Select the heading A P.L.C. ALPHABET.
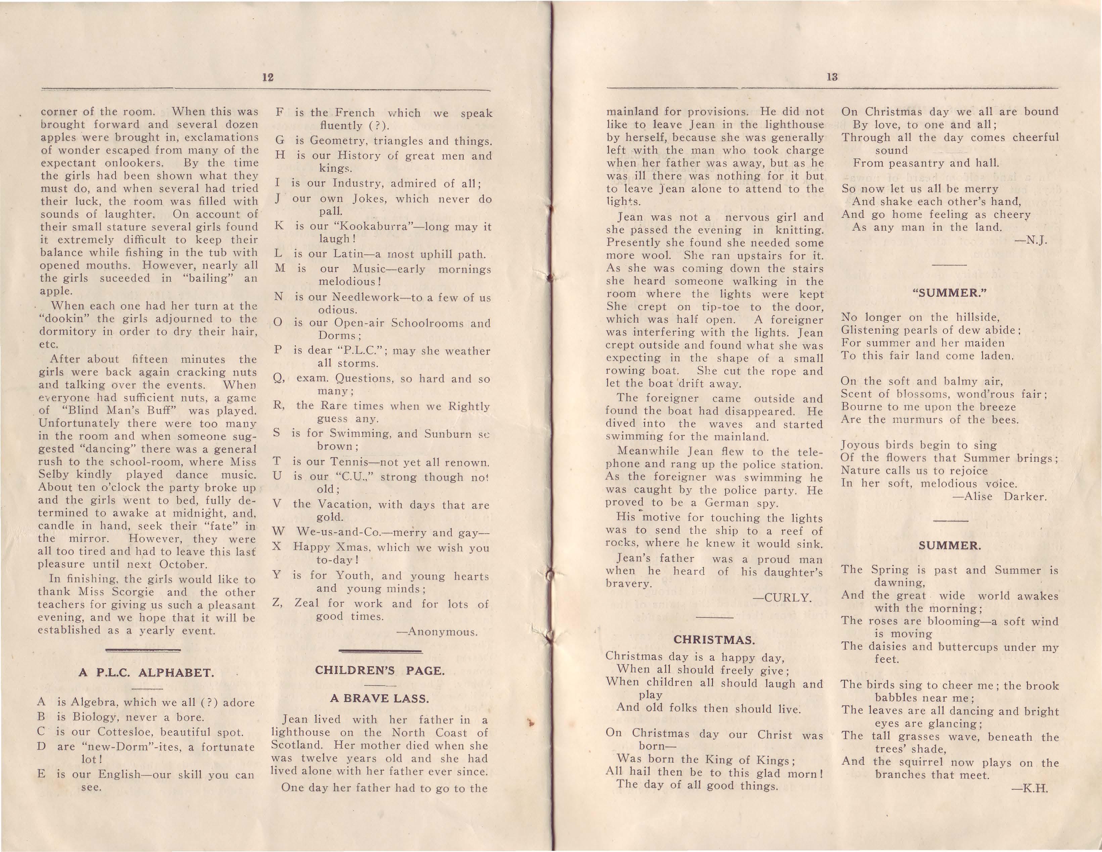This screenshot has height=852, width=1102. point(146,673)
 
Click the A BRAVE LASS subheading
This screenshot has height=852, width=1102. point(379,699)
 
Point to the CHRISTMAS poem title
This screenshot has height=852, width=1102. point(714,640)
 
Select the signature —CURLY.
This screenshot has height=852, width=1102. point(782,598)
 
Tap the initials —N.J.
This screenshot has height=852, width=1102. point(1030,240)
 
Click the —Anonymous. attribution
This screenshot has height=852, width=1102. point(437,632)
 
